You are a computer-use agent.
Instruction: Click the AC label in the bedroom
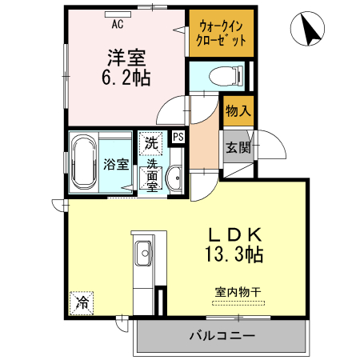coord(118,24)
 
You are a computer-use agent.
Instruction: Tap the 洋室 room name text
coord(126,58)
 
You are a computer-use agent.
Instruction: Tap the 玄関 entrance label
coord(238,147)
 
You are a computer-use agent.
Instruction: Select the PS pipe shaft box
coord(178,137)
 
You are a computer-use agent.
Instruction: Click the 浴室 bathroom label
coord(117,165)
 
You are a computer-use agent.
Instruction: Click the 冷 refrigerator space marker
coord(82,302)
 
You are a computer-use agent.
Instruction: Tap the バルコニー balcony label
coord(222,335)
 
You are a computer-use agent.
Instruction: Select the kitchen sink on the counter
coord(145,246)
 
